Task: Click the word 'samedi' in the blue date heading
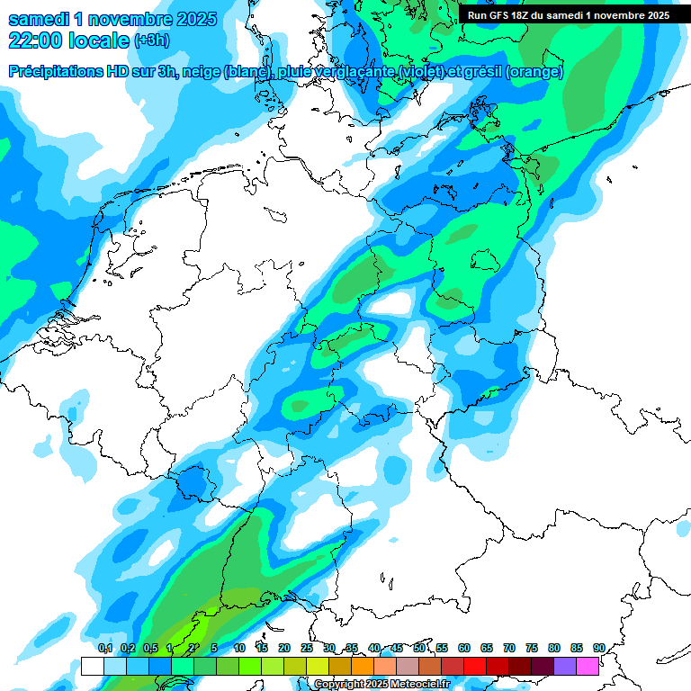40,19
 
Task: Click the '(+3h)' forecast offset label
151,41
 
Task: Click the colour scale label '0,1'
104,649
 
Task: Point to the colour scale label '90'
598,649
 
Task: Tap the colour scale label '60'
464,649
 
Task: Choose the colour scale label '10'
239,649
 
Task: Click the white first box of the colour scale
92,666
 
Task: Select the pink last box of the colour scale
587,666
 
